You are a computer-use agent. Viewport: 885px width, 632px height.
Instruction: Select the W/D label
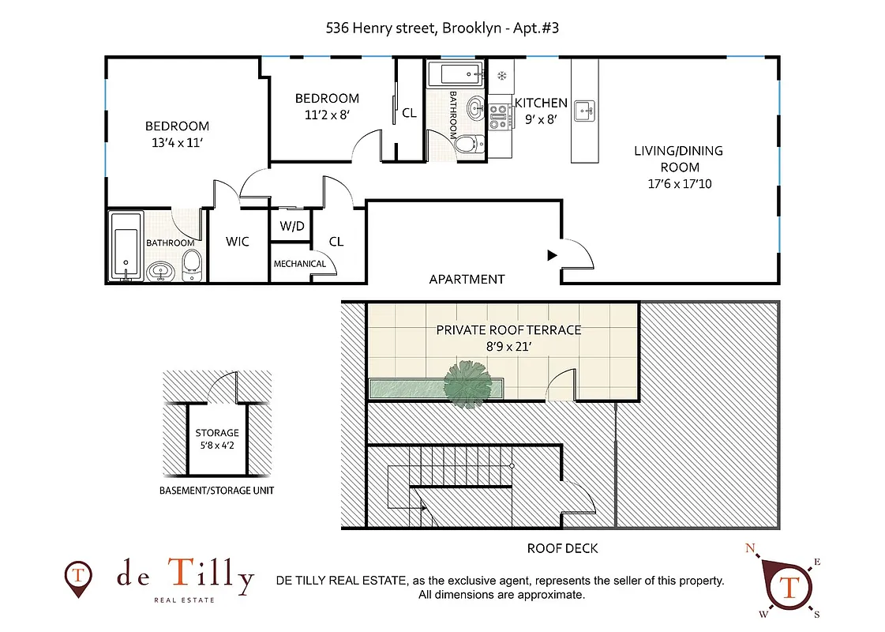click(x=292, y=227)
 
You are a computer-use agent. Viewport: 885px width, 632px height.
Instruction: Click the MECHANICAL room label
click(x=299, y=264)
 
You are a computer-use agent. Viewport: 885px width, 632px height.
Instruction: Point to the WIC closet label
click(x=238, y=242)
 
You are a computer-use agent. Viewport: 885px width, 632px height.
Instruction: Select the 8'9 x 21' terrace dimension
click(x=508, y=346)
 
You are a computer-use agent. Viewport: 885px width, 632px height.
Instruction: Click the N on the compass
click(x=751, y=547)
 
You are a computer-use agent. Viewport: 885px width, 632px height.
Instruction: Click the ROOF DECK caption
click(x=562, y=548)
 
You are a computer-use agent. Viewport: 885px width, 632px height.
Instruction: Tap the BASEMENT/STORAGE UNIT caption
click(x=217, y=491)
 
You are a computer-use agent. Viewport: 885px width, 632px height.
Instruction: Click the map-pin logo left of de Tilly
click(x=77, y=577)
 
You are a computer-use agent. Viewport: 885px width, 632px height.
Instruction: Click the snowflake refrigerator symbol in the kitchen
click(x=501, y=76)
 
